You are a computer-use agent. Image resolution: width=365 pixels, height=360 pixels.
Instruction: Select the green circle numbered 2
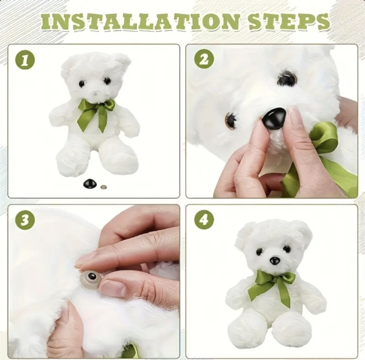(204, 59)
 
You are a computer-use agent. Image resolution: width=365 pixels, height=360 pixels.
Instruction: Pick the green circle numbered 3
(25, 220)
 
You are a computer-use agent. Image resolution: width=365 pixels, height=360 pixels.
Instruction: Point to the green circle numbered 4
(204, 219)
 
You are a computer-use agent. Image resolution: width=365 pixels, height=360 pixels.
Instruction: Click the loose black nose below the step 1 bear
(90, 184)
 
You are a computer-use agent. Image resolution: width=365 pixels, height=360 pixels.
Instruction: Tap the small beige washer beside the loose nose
(103, 187)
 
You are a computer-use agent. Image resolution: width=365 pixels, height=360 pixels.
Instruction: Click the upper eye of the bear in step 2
(287, 78)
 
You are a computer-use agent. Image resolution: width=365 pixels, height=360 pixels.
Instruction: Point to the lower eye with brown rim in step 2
(231, 119)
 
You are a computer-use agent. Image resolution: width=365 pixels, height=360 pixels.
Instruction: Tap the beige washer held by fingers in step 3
(91, 279)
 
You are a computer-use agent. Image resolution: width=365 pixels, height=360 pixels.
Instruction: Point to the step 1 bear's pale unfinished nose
(95, 93)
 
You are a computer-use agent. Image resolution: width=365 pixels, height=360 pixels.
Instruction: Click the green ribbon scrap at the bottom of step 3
(131, 351)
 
